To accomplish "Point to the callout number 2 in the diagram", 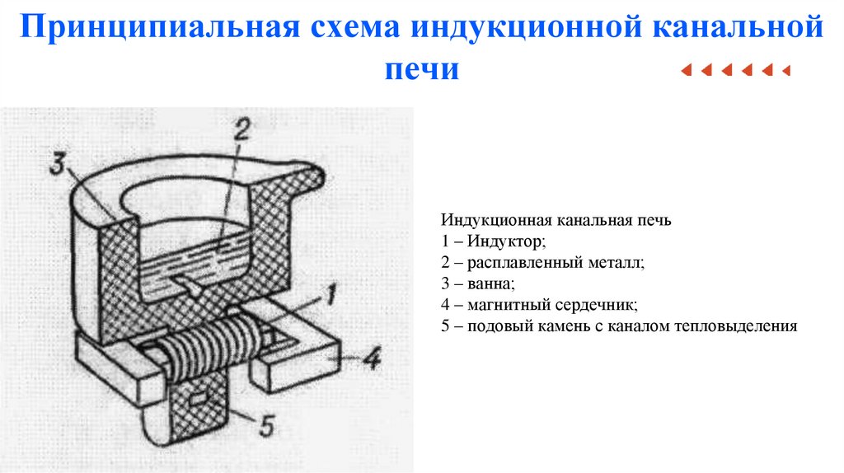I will (241, 130).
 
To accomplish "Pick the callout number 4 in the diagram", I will (372, 358).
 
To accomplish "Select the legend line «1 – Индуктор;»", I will (493, 242).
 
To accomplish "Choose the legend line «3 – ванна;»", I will (478, 284).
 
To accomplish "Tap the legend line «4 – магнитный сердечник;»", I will (540, 306).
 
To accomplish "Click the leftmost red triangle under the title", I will (685, 71).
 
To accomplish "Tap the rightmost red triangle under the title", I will (786, 71).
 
